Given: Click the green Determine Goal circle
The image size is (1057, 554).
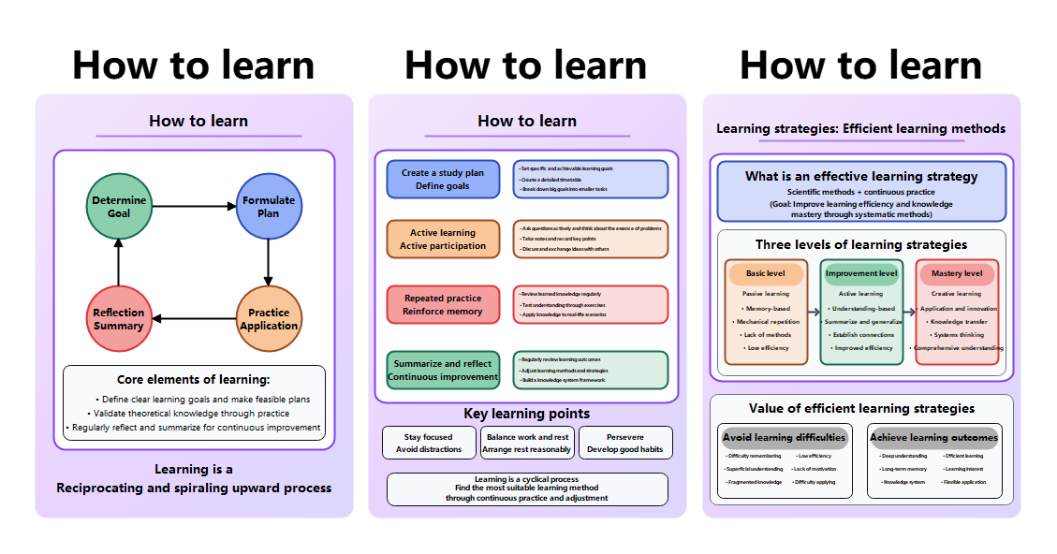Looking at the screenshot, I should click(x=119, y=206).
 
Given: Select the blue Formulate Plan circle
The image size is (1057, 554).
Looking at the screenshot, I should click(x=269, y=206).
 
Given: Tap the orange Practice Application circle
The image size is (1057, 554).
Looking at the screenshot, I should click(x=269, y=319).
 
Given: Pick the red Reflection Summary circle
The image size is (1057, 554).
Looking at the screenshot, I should click(x=119, y=319).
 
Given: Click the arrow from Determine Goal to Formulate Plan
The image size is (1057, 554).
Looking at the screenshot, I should click(x=193, y=206).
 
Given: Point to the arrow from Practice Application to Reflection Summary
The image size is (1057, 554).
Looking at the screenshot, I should click(x=194, y=319).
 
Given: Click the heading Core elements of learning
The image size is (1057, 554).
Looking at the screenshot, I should click(x=194, y=380).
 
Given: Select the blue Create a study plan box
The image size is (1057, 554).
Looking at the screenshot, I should click(x=443, y=179).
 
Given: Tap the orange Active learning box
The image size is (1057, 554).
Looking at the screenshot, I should click(x=443, y=239).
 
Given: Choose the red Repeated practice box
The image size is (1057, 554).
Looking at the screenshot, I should click(x=443, y=304).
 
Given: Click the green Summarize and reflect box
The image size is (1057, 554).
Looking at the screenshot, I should click(x=443, y=370).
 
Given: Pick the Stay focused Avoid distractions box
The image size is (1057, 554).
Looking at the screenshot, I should click(x=428, y=443).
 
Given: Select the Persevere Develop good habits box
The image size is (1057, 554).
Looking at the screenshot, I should click(x=625, y=443).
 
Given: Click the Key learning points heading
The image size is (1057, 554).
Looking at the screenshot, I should click(x=527, y=414).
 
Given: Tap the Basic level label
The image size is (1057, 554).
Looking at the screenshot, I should click(x=766, y=273).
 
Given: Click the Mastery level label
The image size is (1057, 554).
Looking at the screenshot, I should click(x=957, y=273).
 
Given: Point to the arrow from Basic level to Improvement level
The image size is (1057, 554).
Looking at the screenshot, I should click(x=813, y=311).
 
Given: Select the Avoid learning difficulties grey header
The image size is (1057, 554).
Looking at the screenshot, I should click(x=785, y=437).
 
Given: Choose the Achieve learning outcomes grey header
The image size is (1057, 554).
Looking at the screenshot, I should click(x=933, y=437).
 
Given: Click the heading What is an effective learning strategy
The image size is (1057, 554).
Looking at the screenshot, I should click(x=861, y=176).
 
